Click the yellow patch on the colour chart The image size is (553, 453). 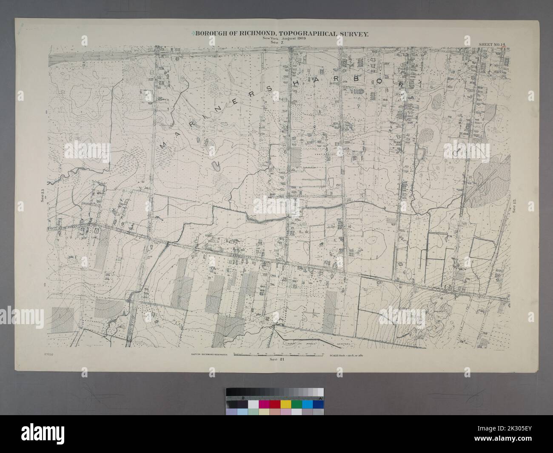(285, 404)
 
